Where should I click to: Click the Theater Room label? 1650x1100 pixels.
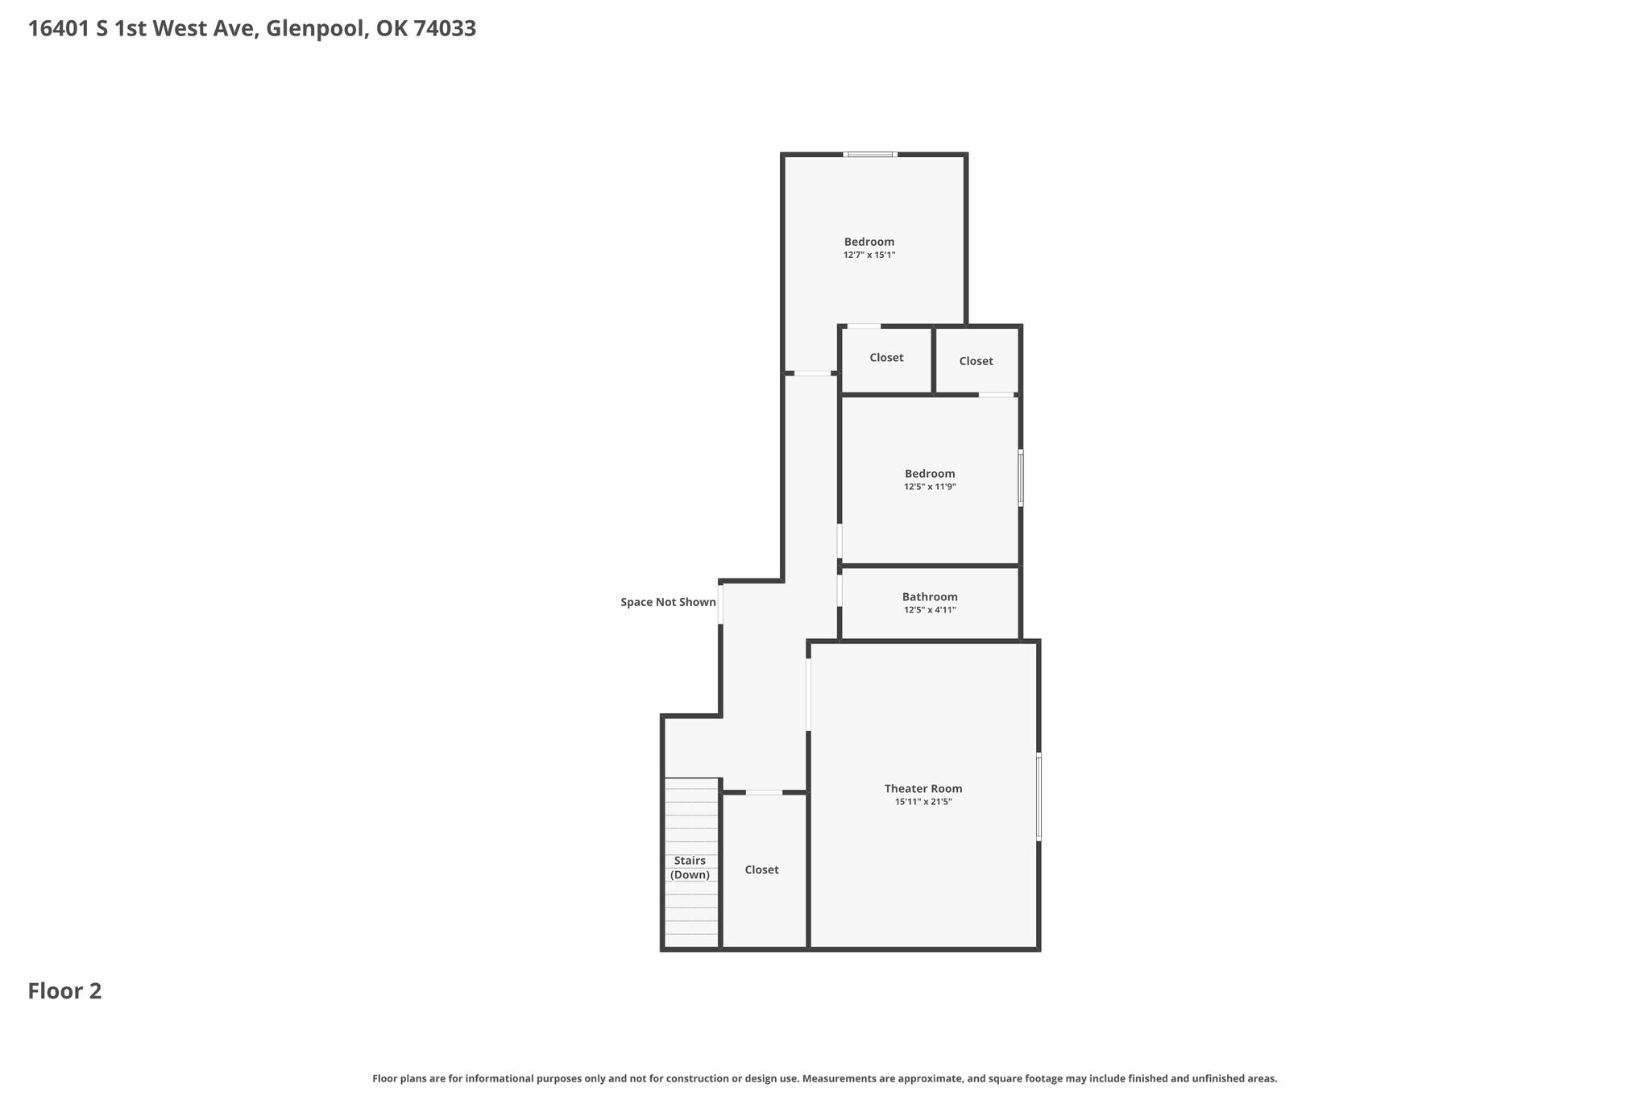point(923,789)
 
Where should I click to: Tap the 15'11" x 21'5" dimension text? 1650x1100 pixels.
point(923,802)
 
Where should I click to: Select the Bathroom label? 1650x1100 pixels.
point(930,597)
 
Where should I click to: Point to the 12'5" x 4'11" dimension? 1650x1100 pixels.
point(930,610)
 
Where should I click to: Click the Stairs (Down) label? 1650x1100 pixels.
point(690,868)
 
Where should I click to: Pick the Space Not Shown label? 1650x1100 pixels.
point(668,602)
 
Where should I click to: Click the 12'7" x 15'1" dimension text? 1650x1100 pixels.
point(869,255)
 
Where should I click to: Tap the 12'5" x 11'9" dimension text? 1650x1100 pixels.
point(930,487)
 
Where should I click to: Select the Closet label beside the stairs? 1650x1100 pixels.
point(761,870)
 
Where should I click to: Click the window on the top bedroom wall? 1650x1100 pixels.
point(870,154)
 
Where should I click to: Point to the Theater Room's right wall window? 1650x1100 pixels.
point(1039,797)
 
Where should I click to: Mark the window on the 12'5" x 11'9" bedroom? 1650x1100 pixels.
point(1021,478)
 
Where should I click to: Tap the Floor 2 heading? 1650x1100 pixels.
point(65,991)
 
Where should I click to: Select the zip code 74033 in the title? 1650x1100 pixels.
point(445,29)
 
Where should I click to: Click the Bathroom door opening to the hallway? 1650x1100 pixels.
point(840,590)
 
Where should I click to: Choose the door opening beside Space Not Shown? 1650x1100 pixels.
point(720,604)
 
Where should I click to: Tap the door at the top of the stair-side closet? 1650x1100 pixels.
point(764,793)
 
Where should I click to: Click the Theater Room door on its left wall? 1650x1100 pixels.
point(808,695)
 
